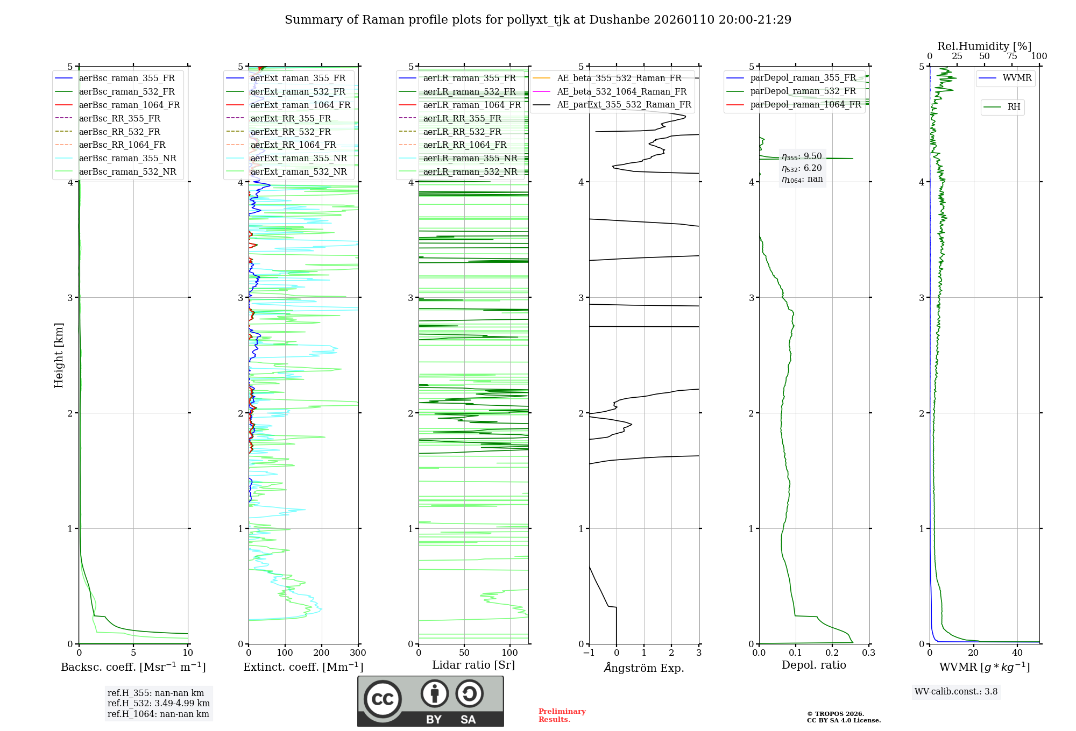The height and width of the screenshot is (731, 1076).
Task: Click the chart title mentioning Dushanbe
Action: tap(538, 20)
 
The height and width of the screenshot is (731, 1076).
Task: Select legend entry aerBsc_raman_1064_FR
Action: tap(129, 105)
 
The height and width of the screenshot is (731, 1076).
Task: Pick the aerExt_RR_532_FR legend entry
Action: tap(291, 132)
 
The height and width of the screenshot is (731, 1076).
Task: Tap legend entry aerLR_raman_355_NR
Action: tap(470, 158)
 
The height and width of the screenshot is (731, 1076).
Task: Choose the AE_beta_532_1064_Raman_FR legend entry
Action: tap(621, 91)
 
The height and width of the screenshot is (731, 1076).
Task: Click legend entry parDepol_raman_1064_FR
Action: tap(805, 104)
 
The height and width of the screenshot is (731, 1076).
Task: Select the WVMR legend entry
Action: tap(1017, 78)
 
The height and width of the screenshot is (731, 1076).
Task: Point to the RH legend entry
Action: tap(1014, 107)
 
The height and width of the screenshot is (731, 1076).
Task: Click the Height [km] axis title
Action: tap(59, 355)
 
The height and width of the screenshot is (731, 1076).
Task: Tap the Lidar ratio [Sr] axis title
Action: tap(473, 665)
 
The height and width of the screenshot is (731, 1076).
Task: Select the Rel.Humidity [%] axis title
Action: tap(984, 46)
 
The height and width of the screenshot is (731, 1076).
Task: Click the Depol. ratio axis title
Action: tap(813, 665)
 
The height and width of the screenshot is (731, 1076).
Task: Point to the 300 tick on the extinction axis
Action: tap(358, 653)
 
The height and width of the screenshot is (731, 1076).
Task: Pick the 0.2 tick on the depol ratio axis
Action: tap(832, 653)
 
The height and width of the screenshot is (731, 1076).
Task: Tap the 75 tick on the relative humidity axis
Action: tap(1012, 56)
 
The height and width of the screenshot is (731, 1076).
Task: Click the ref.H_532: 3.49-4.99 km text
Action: tap(158, 703)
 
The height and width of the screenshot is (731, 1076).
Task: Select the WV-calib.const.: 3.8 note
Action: tap(956, 692)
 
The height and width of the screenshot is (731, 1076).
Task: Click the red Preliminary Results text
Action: tap(562, 715)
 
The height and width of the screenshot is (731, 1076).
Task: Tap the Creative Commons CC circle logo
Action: tap(383, 699)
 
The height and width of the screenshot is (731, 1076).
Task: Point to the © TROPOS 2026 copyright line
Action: tap(836, 714)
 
